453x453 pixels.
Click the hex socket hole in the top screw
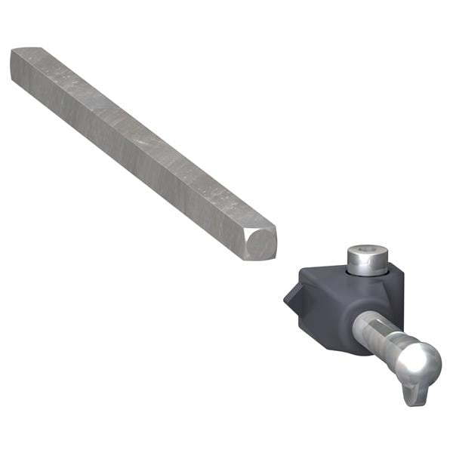click(366, 254)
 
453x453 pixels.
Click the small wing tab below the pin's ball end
click(412, 393)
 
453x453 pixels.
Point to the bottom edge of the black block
click(332, 352)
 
